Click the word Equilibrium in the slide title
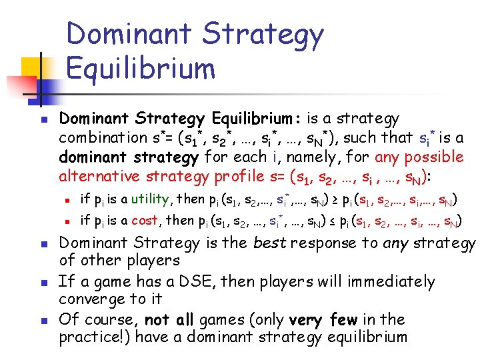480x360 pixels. pyautogui.click(x=141, y=68)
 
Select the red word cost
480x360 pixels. pyautogui.click(x=145, y=221)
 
